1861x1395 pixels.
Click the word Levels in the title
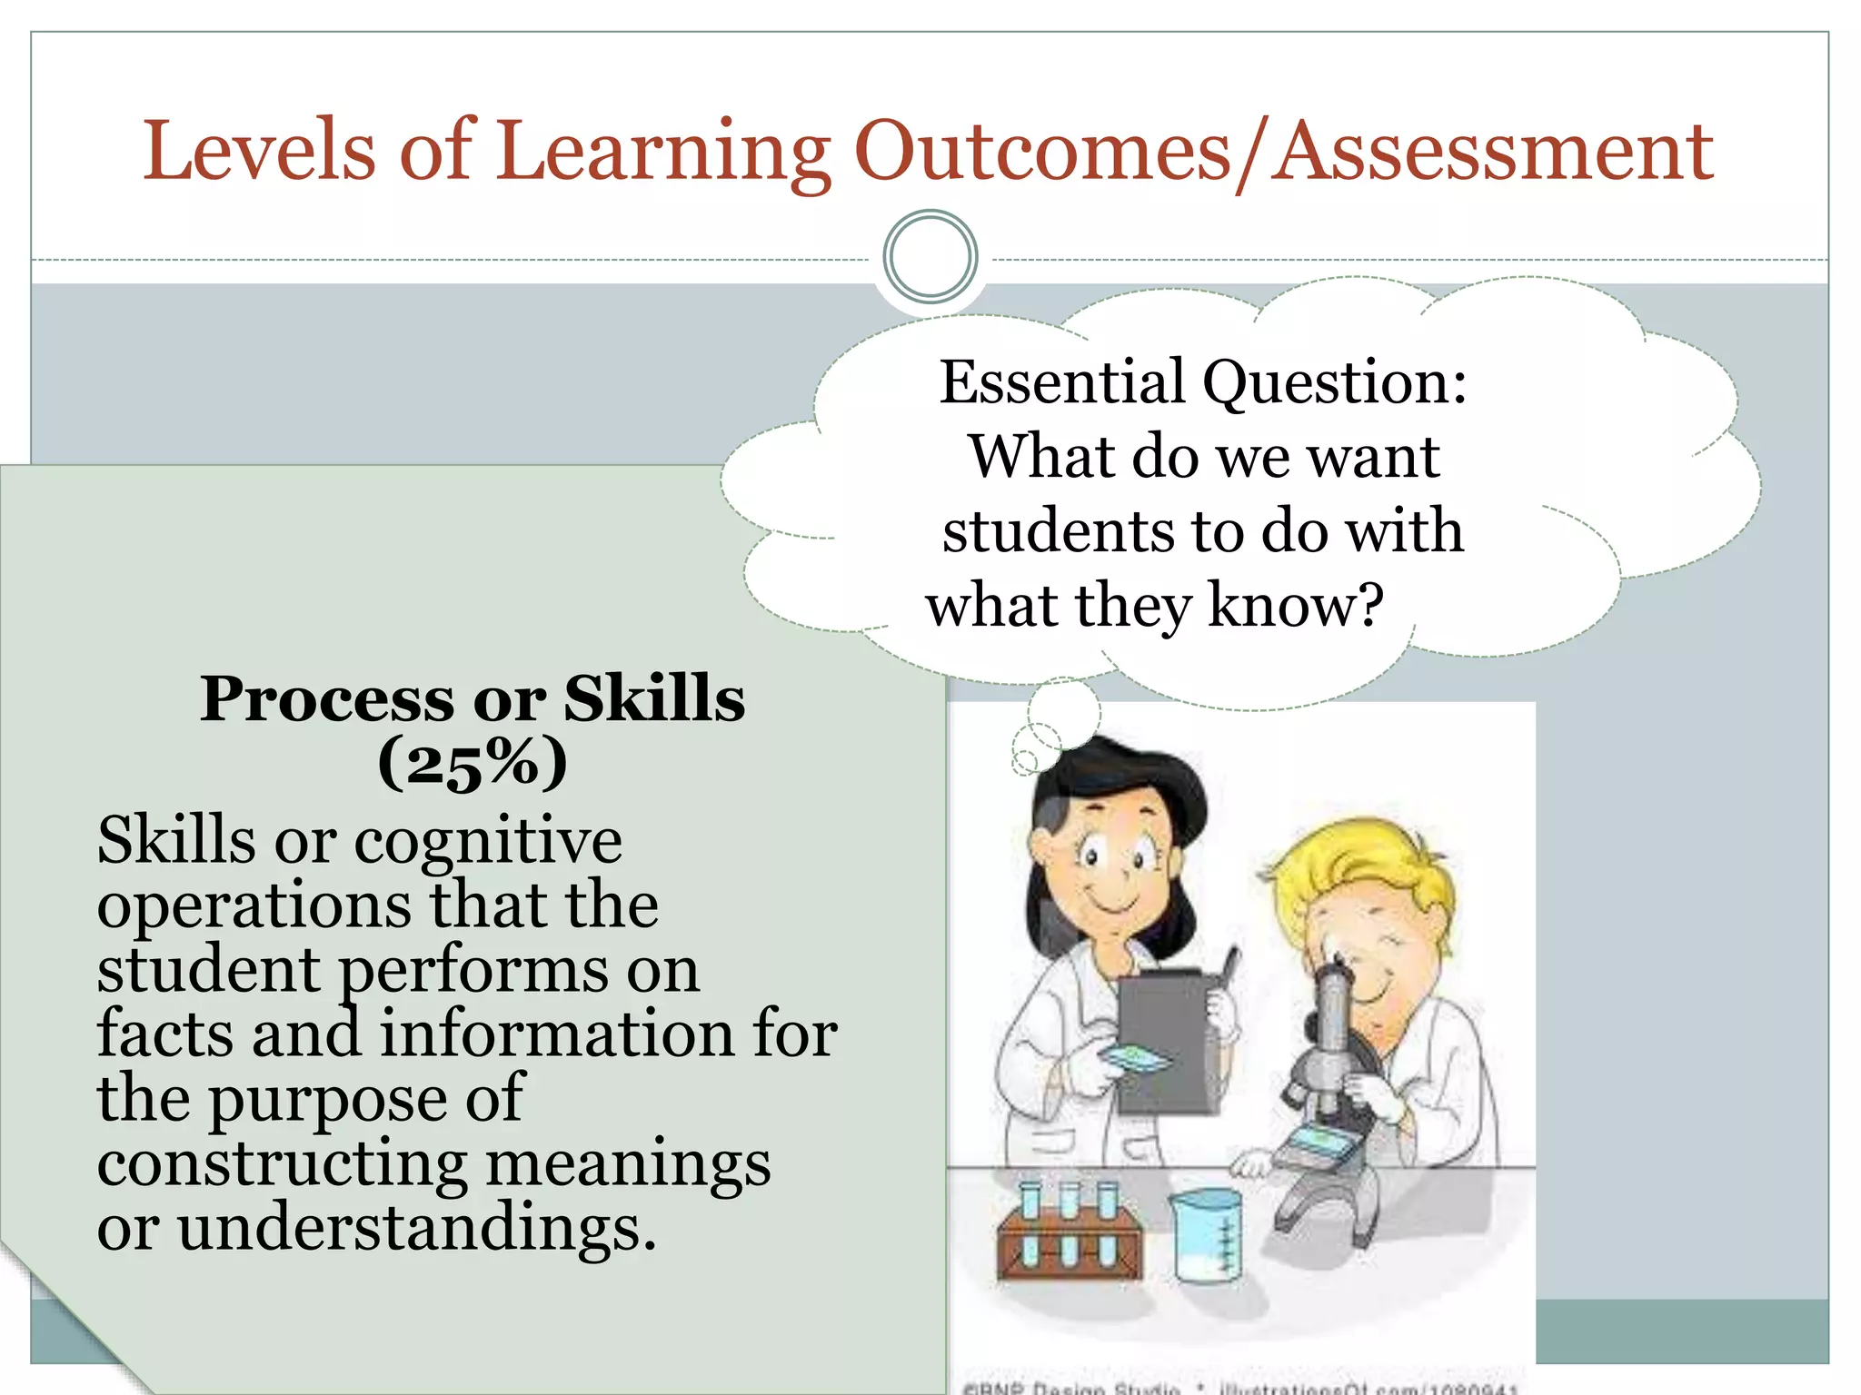[x=258, y=151]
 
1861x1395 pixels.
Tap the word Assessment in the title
[x=1491, y=151]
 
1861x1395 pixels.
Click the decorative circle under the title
[x=930, y=257]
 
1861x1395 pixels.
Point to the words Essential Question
[x=1201, y=381]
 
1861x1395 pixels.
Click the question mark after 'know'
[x=1367, y=605]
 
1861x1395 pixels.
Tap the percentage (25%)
[x=473, y=763]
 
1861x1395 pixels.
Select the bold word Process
[x=327, y=699]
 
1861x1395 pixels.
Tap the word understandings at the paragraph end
[x=415, y=1228]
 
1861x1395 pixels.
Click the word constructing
[x=282, y=1164]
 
